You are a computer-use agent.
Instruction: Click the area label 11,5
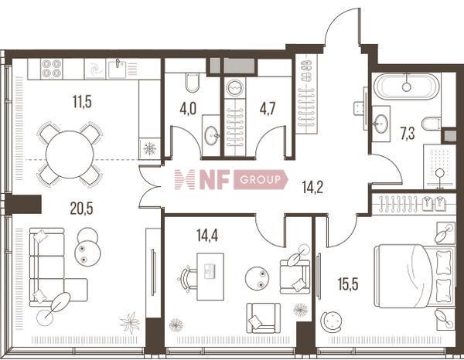(82, 102)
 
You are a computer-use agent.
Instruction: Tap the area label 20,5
(81, 209)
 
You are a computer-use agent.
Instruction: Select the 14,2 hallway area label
(312, 187)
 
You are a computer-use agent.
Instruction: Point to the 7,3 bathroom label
(408, 134)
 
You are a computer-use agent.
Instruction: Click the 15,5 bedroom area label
(348, 284)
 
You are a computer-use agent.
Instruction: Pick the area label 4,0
(188, 108)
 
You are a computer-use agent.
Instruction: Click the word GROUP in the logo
(260, 180)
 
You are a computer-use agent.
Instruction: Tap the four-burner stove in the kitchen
(52, 69)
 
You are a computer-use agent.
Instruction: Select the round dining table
(70, 155)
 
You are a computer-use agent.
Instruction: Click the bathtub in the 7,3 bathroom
(407, 87)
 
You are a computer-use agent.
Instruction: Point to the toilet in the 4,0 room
(193, 83)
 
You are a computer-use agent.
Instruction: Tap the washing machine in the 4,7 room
(234, 88)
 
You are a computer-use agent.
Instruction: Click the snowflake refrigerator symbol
(149, 148)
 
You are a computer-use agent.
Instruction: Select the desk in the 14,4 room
(210, 277)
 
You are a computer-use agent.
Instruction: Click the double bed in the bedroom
(415, 276)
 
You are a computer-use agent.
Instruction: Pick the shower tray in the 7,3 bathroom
(439, 166)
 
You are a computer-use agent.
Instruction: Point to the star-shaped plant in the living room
(130, 322)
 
